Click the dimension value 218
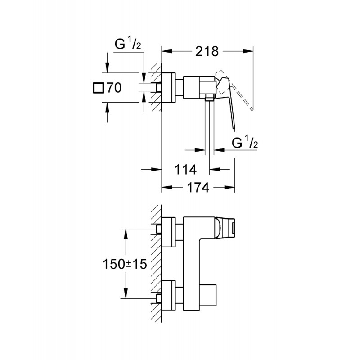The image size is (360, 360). [x=207, y=51]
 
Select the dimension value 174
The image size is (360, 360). [x=198, y=187]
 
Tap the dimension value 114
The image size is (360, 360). [x=185, y=170]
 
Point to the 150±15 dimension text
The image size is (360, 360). [x=125, y=264]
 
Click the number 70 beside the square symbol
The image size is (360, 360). [x=114, y=88]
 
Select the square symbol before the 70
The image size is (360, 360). [x=98, y=88]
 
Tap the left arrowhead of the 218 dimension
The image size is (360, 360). [x=166, y=51]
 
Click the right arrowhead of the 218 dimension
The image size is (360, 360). [x=248, y=51]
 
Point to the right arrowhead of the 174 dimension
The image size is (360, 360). [x=229, y=187]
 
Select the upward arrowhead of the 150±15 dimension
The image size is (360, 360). [x=126, y=234]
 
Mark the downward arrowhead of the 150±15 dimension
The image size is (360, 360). [x=126, y=293]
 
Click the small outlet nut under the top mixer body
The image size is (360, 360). [x=209, y=99]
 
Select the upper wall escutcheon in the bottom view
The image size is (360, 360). [x=168, y=232]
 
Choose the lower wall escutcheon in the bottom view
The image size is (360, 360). [x=168, y=295]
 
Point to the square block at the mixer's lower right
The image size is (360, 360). [x=208, y=295]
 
